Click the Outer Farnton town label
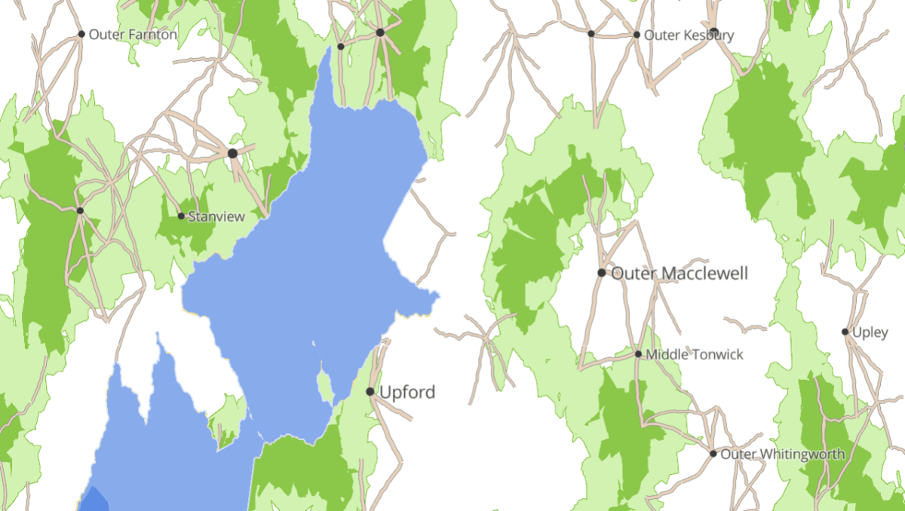(133, 35)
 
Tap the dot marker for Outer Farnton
(81, 34)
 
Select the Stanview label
(216, 217)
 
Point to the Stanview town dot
(181, 216)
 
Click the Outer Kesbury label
(689, 35)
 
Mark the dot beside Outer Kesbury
(637, 35)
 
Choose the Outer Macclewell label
(680, 273)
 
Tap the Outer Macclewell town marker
(602, 273)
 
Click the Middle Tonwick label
(695, 354)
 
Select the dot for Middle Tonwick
(638, 354)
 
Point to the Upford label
(406, 392)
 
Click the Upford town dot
(370, 392)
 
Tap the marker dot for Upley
(845, 332)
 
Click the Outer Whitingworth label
(783, 454)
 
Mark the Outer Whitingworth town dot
(713, 454)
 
